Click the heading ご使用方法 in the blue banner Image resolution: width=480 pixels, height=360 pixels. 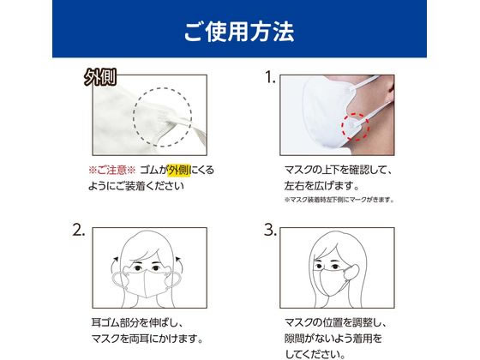[239, 32]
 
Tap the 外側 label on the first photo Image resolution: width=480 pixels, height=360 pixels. [100, 77]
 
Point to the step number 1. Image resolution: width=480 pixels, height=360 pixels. [270, 77]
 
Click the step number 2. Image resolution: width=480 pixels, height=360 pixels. [78, 230]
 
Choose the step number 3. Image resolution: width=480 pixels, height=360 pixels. [270, 230]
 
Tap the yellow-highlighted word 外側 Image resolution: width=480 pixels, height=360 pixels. [179, 171]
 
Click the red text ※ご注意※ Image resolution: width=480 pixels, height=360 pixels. [111, 171]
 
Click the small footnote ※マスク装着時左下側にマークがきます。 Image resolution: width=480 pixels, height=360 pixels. [339, 200]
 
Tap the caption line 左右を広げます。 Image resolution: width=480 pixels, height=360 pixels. [321, 186]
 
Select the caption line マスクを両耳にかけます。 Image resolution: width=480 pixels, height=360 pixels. [147, 339]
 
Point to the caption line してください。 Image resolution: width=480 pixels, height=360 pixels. [315, 355]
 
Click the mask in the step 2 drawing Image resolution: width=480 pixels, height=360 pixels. [146, 282]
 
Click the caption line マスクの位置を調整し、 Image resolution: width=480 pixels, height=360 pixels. [336, 322]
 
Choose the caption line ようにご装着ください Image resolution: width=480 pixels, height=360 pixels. [136, 186]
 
